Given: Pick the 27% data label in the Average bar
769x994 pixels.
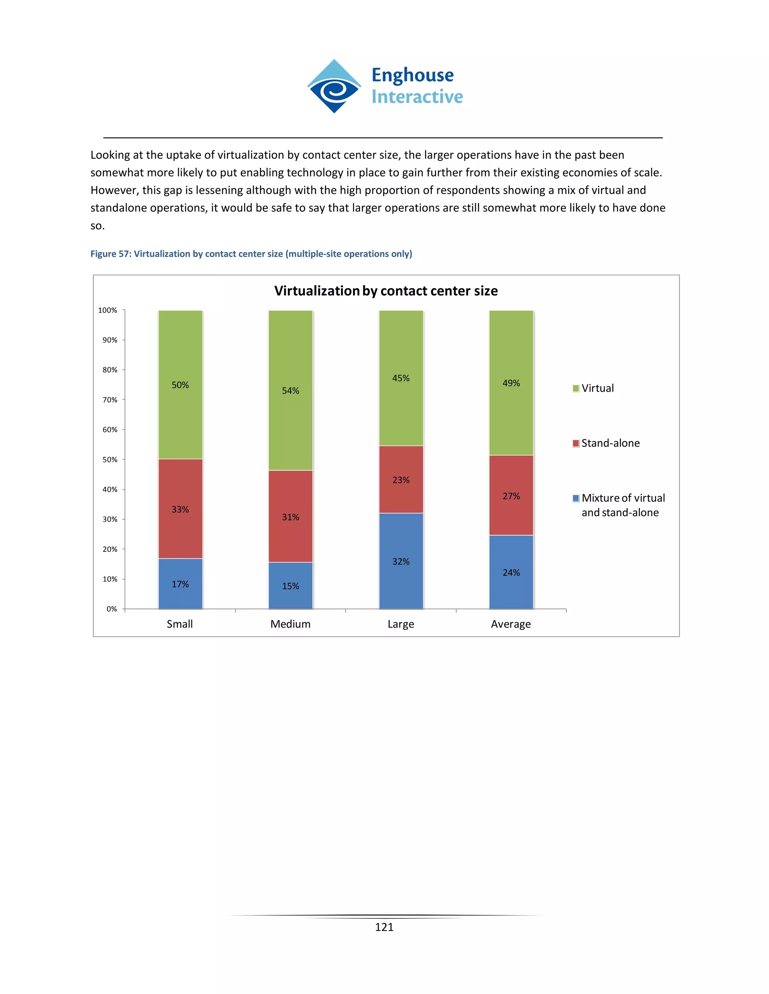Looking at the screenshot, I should [x=511, y=496].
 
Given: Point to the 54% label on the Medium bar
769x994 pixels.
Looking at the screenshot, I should [x=290, y=391].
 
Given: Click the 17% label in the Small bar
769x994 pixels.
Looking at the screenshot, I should [x=180, y=584].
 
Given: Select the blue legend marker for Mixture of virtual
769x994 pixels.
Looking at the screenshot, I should [x=576, y=499].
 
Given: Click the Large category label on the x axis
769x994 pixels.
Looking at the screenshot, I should [x=401, y=624].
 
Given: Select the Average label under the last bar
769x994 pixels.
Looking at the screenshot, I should [x=511, y=624].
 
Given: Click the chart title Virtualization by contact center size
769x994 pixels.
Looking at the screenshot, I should [x=386, y=291].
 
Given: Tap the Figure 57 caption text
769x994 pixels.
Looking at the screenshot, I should [x=251, y=254].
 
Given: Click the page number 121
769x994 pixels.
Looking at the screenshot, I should [x=384, y=927].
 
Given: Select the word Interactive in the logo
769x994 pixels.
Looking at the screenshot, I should [x=417, y=97].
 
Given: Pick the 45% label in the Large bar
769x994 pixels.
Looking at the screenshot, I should [x=401, y=378].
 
